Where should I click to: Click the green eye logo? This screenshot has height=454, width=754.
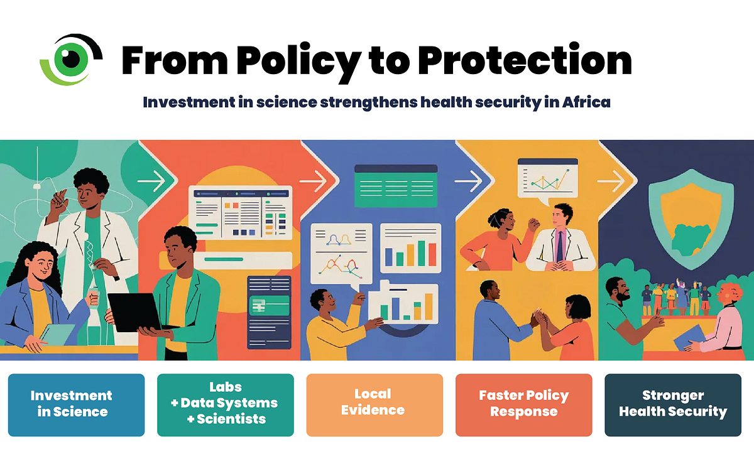point(70,60)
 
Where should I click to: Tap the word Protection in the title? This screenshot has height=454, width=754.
point(525,60)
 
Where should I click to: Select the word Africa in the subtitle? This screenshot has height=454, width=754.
point(586,102)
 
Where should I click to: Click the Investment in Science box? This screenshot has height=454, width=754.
point(77,405)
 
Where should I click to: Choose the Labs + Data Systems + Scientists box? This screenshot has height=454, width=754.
point(226,405)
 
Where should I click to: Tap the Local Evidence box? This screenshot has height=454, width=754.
point(374,405)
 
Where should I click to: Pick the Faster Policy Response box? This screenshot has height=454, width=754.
point(524,405)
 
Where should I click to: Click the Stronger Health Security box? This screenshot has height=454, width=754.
point(673,405)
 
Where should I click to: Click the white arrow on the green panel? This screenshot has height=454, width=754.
point(151,181)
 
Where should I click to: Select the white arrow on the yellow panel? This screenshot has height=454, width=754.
point(611,181)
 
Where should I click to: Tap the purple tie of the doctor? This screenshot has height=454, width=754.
point(560,247)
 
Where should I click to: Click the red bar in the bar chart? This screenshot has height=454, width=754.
point(432,254)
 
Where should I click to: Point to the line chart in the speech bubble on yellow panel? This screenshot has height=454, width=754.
point(549,181)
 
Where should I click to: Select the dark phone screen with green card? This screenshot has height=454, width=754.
point(269,313)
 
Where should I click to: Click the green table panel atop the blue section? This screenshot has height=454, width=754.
point(396,186)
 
